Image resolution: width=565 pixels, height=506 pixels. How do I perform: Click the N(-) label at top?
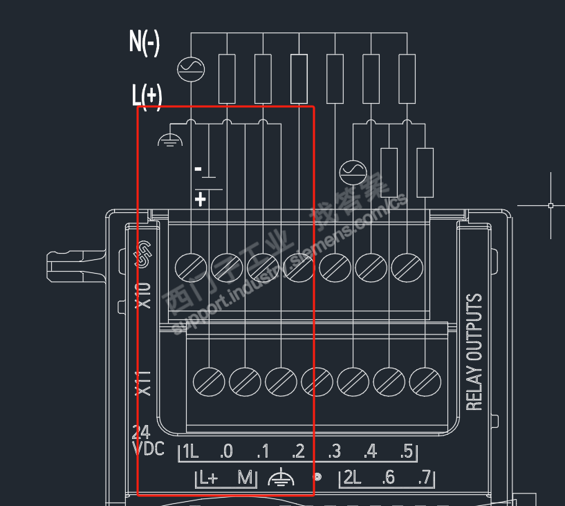pyautogui.click(x=145, y=43)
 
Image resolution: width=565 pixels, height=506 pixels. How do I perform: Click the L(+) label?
pyautogui.click(x=147, y=95)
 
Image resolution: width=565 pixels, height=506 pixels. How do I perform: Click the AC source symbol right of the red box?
pyautogui.click(x=353, y=171)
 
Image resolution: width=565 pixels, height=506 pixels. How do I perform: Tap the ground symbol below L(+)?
pyautogui.click(x=170, y=140)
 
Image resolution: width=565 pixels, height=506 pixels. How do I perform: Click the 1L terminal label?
pyautogui.click(x=190, y=453)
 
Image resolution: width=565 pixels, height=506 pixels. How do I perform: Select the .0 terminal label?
pyautogui.click(x=226, y=453)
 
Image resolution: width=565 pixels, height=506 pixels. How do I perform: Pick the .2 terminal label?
pyautogui.click(x=298, y=453)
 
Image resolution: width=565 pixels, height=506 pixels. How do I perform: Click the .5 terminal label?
pyautogui.click(x=405, y=453)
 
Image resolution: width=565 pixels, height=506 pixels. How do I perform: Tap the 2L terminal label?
pyautogui.click(x=352, y=478)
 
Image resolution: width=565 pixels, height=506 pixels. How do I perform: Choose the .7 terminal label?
pyautogui.click(x=424, y=478)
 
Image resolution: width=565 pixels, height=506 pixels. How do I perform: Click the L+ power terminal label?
pyautogui.click(x=208, y=478)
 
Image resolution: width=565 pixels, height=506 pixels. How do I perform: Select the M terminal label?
pyautogui.click(x=245, y=478)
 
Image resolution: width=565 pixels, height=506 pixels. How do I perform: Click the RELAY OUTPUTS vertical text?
pyautogui.click(x=474, y=353)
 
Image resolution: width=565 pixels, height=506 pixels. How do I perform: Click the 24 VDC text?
pyautogui.click(x=147, y=441)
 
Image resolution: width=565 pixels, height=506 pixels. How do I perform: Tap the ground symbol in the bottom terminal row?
pyautogui.click(x=280, y=477)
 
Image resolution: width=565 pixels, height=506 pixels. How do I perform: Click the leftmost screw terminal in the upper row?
pyautogui.click(x=191, y=266)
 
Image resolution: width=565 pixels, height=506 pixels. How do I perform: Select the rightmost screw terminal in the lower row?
pyautogui.click(x=425, y=381)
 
